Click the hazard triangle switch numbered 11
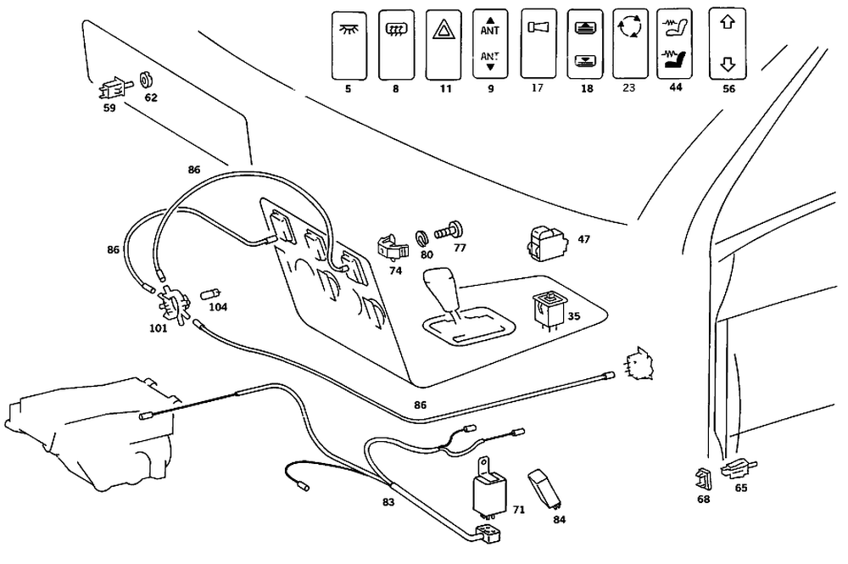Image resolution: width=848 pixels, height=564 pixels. (444, 45)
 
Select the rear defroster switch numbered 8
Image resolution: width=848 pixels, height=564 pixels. (396, 45)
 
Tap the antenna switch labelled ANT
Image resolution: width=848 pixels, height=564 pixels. (490, 44)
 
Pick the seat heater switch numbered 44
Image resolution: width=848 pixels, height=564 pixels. (674, 43)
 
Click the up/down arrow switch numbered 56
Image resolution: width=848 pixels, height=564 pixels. (728, 44)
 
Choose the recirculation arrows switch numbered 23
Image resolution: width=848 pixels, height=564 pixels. (630, 44)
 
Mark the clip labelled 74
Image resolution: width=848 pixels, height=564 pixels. (392, 248)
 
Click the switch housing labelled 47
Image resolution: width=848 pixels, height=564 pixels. (546, 243)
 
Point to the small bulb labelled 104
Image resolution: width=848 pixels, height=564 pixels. (210, 294)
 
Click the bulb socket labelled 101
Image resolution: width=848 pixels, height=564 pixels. (172, 305)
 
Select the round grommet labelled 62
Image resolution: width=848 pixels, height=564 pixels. (146, 81)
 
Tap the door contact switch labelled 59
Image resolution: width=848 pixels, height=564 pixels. (114, 88)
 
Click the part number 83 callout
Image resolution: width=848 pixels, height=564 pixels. (388, 502)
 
